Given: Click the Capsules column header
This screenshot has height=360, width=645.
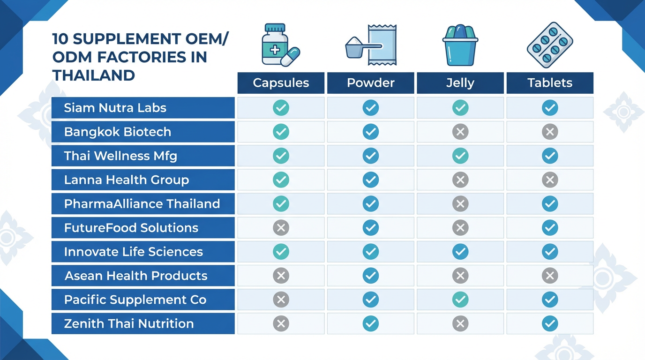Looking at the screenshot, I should tap(281, 83).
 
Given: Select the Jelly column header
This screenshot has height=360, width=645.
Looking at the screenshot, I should tap(460, 83).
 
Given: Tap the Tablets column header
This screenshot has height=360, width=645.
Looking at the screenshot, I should tap(549, 83).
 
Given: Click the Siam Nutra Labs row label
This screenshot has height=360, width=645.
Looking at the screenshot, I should tap(115, 108).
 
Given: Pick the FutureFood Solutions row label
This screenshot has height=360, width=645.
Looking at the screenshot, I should tap(131, 228).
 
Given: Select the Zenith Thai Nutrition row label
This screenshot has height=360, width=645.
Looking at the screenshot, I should tap(129, 323).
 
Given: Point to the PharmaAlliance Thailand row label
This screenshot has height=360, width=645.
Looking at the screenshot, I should tap(142, 204).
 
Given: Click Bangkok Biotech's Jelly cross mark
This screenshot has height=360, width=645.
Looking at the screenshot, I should tap(460, 132).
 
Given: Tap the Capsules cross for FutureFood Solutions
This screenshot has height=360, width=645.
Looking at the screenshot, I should tap(281, 228).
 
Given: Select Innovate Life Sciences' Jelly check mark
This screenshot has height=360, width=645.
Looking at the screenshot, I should tap(460, 252).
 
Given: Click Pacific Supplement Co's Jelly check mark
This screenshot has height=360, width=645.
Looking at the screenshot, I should tap(460, 300).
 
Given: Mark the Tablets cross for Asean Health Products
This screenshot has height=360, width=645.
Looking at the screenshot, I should tap(550, 276).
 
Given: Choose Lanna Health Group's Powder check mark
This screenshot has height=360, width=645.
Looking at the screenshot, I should tap(370, 180).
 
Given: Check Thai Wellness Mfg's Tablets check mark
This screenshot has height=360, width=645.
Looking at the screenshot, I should tap(550, 156).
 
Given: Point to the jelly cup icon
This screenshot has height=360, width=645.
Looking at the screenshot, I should tap(460, 45).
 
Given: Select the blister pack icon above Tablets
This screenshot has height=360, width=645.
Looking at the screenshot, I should tap(550, 45).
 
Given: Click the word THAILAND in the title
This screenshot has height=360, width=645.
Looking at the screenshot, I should tap(94, 75).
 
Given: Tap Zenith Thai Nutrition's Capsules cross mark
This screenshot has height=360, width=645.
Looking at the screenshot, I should tap(281, 323).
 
